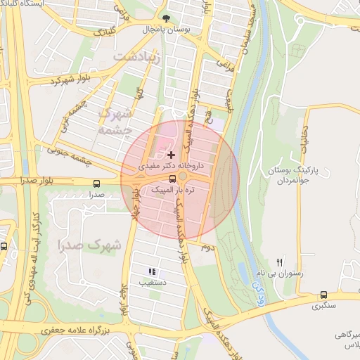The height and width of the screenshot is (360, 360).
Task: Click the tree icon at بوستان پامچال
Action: tap(166, 19)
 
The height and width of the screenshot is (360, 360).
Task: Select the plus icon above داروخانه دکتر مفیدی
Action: tap(171, 154)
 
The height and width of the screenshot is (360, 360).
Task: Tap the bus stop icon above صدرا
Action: tap(96, 183)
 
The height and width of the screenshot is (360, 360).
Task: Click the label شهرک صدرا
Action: tap(90, 245)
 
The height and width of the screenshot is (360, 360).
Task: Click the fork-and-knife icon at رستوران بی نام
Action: tap(280, 261)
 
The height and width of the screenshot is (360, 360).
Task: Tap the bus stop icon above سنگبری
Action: tap(324, 295)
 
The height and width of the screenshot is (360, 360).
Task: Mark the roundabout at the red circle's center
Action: tap(180, 176)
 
